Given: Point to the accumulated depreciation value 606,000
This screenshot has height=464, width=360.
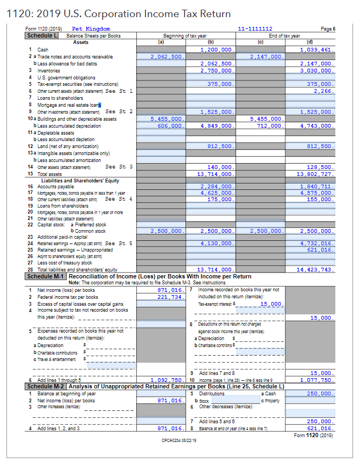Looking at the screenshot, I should [169, 126].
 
